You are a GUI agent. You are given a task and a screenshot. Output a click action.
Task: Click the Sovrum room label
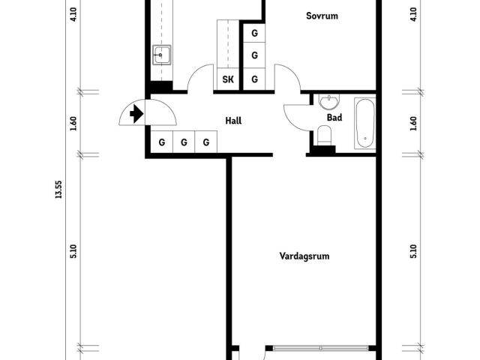pyautogui.click(x=322, y=16)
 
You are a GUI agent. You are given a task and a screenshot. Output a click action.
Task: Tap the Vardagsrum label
pyautogui.click(x=304, y=256)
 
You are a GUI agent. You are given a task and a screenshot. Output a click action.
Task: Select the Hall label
pyautogui.click(x=233, y=121)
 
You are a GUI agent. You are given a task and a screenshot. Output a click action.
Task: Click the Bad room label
pyautogui.click(x=334, y=118)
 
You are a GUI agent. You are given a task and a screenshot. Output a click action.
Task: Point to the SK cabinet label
pyautogui.click(x=228, y=79)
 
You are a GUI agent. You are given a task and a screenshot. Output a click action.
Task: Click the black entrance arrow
pyautogui.click(x=136, y=113)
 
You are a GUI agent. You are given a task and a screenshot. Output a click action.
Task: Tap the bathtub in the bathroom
pyautogui.click(x=365, y=123)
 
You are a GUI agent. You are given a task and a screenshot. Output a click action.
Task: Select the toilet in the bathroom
pyautogui.click(x=325, y=135)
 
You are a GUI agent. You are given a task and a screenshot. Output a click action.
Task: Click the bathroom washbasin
pyautogui.click(x=329, y=102)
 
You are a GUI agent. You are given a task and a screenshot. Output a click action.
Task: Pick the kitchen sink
pyautogui.click(x=162, y=55)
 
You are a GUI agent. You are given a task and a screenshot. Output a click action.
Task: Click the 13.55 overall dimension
pyautogui.click(x=58, y=190)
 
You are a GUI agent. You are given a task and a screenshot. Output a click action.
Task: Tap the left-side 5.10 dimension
pyautogui.click(x=73, y=252)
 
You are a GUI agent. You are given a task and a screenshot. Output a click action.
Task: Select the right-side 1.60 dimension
pyautogui.click(x=413, y=124)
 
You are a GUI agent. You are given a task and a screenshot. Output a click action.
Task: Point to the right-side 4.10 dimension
pyautogui.click(x=413, y=14)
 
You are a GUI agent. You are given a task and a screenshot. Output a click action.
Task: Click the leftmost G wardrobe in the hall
pyautogui.click(x=162, y=142)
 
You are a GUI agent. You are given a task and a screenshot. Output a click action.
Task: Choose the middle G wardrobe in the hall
pyautogui.click(x=184, y=142)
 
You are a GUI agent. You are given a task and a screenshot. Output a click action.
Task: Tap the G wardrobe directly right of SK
pyautogui.click(x=254, y=79)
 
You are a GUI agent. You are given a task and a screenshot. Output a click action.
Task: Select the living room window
pyautogui.click(x=320, y=348)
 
